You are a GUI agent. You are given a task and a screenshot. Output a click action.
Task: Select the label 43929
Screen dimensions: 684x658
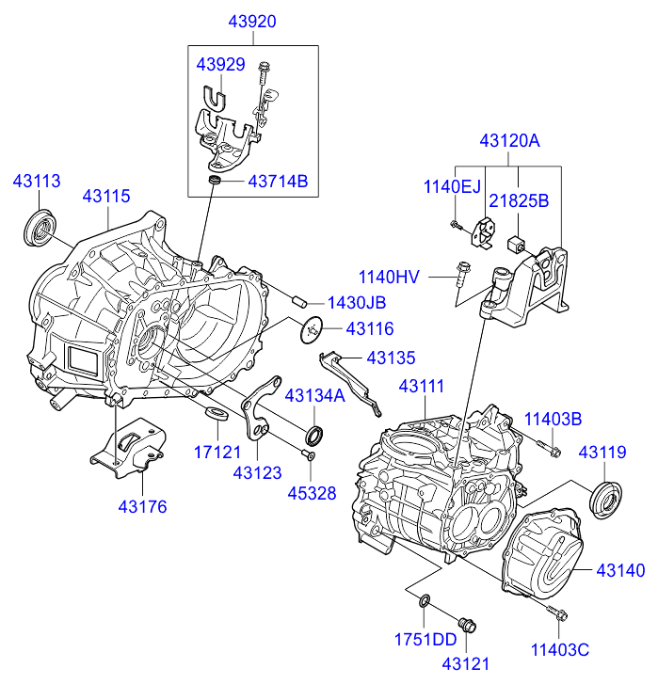coord(220,65)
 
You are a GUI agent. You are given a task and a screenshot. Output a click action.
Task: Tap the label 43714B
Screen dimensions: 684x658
coord(278,181)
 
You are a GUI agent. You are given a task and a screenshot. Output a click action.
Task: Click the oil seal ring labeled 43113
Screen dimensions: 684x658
coord(40,229)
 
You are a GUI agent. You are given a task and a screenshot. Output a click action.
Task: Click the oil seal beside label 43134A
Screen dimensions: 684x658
coord(313,434)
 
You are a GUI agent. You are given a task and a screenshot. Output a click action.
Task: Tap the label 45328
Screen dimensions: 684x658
coord(312,492)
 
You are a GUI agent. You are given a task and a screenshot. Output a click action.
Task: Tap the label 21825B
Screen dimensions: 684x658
coord(517,200)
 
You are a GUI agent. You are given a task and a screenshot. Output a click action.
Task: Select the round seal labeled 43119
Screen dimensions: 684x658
coord(603,498)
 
